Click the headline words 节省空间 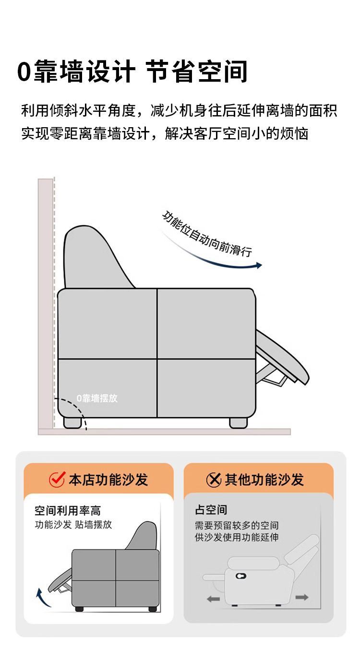(197, 72)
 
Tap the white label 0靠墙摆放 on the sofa (97, 398)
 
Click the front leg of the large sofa (238, 422)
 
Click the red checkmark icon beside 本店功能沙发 (57, 479)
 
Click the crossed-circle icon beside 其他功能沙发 (214, 479)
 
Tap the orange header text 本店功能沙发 (108, 479)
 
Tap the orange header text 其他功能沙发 (264, 479)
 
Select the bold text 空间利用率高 (68, 510)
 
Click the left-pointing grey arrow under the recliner (213, 599)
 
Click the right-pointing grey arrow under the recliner (302, 597)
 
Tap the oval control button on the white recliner (240, 575)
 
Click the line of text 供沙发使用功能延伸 (237, 537)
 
